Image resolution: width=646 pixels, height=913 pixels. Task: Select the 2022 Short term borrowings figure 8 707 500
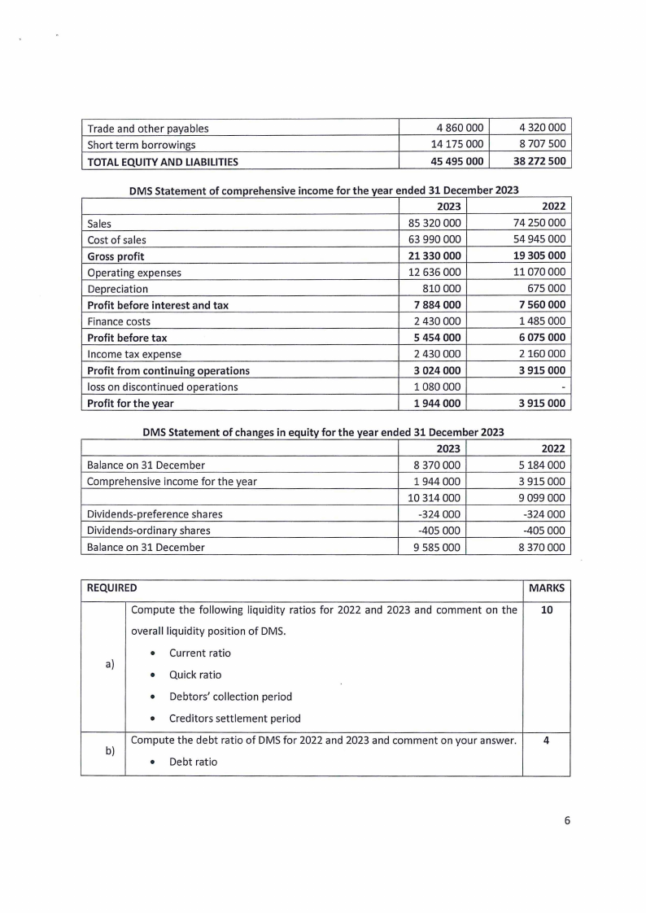(542, 145)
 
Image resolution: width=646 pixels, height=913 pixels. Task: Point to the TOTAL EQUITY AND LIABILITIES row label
(163, 162)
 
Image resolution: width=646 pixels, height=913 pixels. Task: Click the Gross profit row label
(116, 256)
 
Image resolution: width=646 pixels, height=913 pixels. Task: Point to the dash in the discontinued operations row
(564, 387)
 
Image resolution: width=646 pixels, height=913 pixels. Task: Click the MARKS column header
(546, 588)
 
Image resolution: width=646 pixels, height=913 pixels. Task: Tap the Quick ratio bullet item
(195, 675)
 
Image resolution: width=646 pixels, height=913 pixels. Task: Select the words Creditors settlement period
(234, 718)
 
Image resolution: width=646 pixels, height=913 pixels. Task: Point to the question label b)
(110, 753)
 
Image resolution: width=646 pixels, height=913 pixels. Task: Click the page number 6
(567, 820)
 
